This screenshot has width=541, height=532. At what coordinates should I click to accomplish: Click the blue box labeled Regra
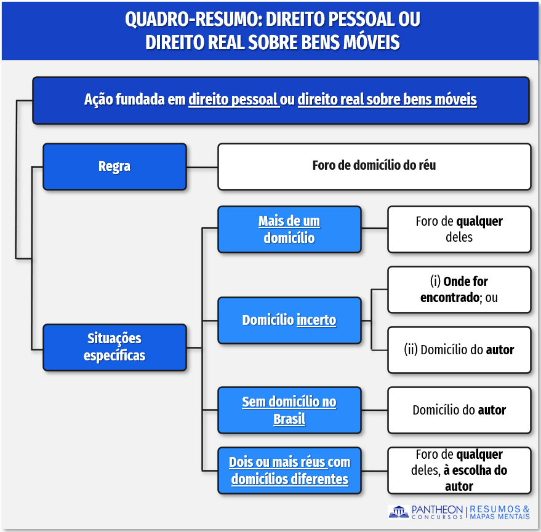pos(114,167)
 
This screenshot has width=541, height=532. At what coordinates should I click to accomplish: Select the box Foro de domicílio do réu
pos(374,167)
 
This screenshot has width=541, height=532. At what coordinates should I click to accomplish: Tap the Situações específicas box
pos(114,347)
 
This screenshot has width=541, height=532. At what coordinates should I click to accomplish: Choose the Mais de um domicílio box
pos(289,229)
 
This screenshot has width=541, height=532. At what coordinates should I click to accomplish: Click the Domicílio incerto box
pos(289,320)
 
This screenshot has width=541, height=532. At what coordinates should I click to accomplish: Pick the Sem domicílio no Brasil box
pos(289,410)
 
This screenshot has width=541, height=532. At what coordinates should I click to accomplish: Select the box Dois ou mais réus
pos(289,470)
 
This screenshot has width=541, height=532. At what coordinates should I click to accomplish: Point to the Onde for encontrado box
pos(459,290)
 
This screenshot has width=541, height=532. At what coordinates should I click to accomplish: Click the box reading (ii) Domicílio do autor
pos(459,350)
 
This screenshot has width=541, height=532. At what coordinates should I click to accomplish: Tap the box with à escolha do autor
pos(459,470)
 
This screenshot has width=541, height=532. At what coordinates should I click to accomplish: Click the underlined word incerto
pos(316,320)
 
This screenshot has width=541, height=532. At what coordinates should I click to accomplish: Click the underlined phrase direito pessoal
pos(233,100)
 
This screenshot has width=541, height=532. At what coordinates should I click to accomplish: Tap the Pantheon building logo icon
pos(398,512)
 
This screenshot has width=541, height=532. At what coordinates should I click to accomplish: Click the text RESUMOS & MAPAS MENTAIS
pos(499,512)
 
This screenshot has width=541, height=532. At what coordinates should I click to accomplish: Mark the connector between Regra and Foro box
pos(202,167)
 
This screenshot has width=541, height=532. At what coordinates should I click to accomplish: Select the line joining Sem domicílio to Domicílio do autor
pos(374,410)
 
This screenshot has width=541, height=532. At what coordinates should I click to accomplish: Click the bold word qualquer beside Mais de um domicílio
pos(479,221)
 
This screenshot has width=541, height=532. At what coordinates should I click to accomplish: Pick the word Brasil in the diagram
pos(289,419)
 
